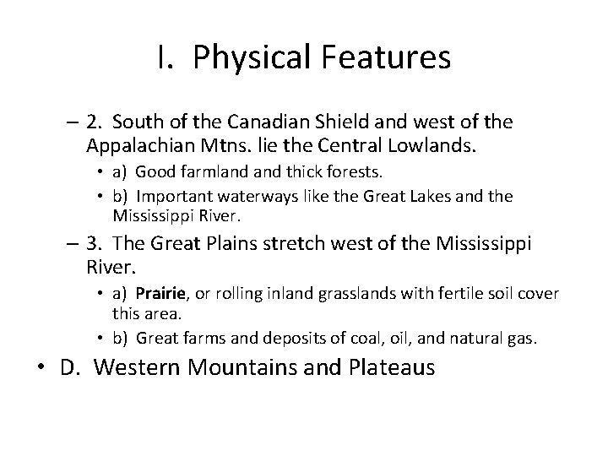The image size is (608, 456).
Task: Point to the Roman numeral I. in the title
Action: pyautogui.click(x=165, y=57)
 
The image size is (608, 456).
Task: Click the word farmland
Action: pyautogui.click(x=216, y=173)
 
